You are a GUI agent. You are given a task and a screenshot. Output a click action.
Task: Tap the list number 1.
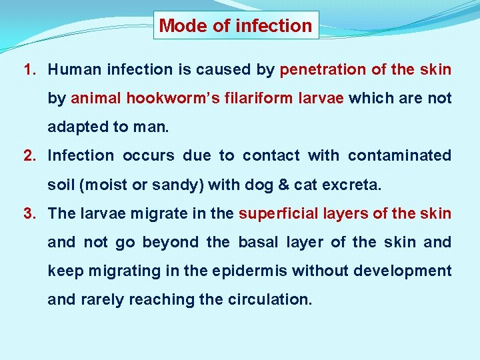tap(29, 69)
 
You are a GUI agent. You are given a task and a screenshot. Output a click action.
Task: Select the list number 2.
tap(29, 156)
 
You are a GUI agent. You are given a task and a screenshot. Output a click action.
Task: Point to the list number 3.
tap(29, 213)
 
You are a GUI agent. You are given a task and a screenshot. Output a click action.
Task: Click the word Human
tap(74, 69)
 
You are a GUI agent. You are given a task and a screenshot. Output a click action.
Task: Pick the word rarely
tap(103, 299)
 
